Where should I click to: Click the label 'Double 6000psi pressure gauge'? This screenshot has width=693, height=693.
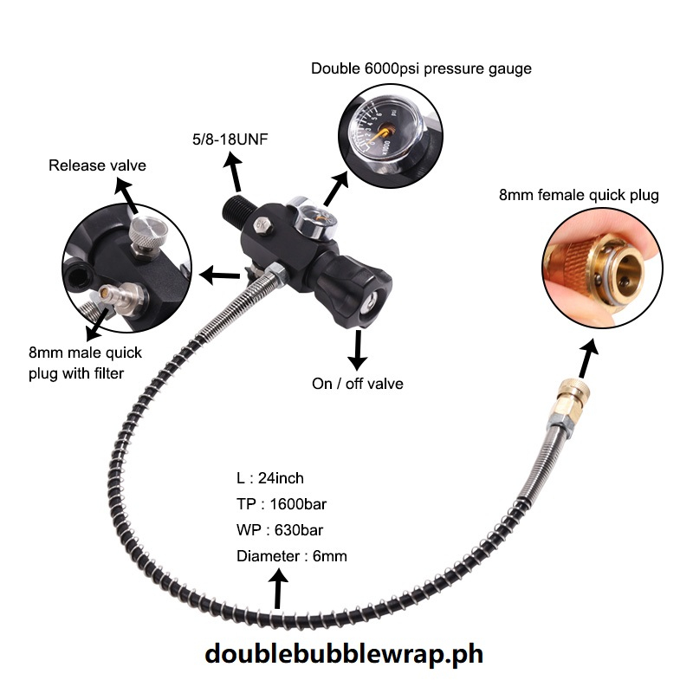421,68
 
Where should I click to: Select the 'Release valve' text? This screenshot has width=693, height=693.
97,165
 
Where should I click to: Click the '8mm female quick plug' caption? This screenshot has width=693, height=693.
579,195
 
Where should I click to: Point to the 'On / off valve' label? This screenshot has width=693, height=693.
358,383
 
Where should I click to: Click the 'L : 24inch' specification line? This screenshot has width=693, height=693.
270,477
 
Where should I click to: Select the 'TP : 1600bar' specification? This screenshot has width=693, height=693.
282,503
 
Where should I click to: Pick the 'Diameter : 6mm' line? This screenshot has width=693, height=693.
291,555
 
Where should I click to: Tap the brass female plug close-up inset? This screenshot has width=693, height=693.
598,269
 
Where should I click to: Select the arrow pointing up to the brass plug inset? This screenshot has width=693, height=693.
589,355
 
